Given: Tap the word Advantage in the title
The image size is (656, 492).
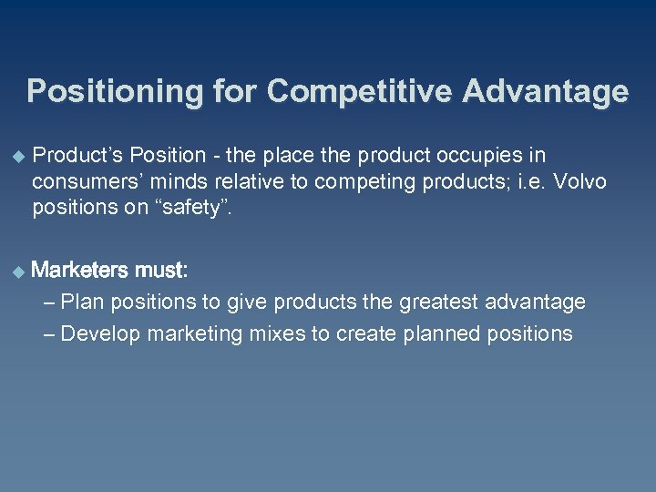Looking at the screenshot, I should pos(546,92).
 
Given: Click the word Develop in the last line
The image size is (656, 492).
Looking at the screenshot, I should pos(100,333).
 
